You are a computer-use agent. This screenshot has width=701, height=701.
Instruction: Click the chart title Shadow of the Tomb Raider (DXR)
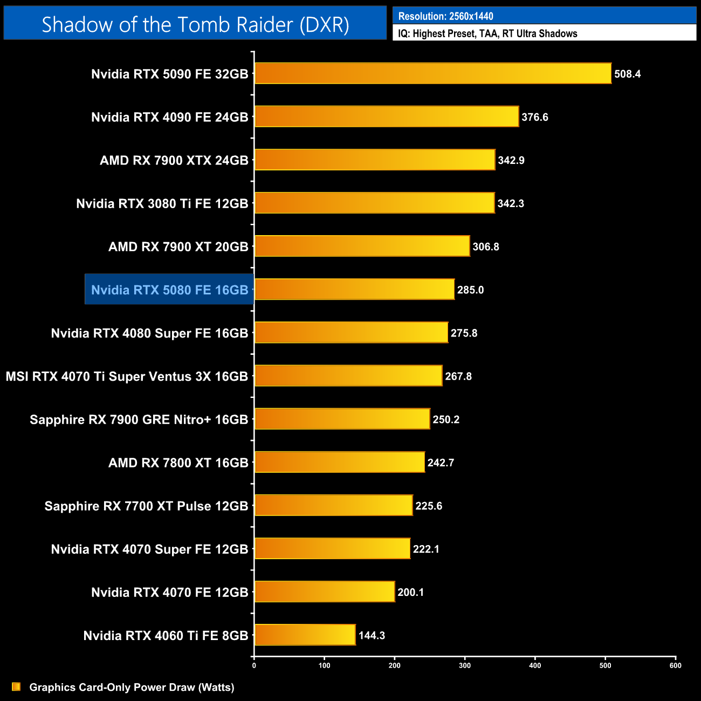195,25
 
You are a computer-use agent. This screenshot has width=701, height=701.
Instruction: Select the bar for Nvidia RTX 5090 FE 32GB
433,73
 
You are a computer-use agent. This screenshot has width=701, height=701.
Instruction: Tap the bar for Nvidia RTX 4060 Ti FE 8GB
305,635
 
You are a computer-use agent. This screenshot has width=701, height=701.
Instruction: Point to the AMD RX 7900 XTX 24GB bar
375,160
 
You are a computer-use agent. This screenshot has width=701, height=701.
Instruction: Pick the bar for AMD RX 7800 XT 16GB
340,462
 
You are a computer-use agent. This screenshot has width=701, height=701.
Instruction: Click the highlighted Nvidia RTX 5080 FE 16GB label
169,290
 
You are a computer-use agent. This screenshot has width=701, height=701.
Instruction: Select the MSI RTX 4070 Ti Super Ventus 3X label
127,376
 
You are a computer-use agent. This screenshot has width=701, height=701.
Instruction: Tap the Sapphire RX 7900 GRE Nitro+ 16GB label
139,420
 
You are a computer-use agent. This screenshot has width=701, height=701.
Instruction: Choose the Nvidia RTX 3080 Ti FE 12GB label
162,203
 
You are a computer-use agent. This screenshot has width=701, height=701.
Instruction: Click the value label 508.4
628,74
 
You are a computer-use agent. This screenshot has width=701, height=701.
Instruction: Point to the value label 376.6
535,117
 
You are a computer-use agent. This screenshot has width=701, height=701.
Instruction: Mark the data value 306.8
486,246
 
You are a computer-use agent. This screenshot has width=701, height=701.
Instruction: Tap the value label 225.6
429,506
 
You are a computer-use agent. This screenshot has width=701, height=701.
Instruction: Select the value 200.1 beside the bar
411,592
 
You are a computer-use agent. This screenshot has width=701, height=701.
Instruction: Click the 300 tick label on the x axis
465,665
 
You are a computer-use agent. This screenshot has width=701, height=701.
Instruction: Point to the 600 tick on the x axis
676,665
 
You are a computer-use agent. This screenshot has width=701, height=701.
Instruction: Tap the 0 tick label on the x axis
254,665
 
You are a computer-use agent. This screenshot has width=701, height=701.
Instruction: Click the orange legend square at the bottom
16,686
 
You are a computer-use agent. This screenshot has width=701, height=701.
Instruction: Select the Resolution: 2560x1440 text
445,16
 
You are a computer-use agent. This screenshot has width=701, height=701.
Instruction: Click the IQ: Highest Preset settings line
487,33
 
